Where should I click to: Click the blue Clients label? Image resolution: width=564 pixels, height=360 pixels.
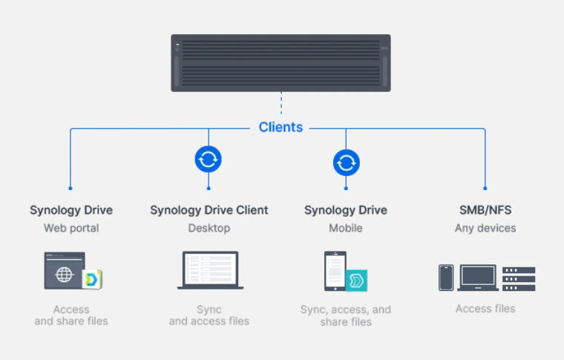pyautogui.click(x=281, y=128)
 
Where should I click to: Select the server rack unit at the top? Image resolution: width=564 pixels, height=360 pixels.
pyautogui.click(x=281, y=63)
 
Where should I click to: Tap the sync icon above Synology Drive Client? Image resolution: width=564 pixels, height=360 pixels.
pyautogui.click(x=209, y=159)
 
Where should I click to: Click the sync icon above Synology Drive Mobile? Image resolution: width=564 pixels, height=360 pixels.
pyautogui.click(x=346, y=162)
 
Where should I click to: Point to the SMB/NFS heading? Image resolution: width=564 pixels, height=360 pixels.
pyautogui.click(x=485, y=210)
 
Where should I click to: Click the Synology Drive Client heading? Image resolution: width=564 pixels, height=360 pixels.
pyautogui.click(x=209, y=210)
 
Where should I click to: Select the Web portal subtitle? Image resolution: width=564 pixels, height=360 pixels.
pyautogui.click(x=71, y=228)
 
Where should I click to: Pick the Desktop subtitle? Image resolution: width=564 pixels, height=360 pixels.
pyautogui.click(x=209, y=228)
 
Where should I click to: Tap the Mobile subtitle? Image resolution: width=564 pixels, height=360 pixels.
pyautogui.click(x=346, y=228)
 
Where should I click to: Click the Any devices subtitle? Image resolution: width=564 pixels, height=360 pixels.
pyautogui.click(x=485, y=228)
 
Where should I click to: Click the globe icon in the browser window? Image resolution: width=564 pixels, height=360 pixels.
pyautogui.click(x=65, y=274)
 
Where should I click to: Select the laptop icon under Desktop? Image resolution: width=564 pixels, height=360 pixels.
pyautogui.click(x=210, y=270)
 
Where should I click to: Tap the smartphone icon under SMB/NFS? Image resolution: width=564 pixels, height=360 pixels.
pyautogui.click(x=446, y=278)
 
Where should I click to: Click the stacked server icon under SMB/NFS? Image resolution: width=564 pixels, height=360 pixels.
pyautogui.click(x=519, y=278)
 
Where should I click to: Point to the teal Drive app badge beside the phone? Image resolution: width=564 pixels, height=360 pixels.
pyautogui.click(x=357, y=281)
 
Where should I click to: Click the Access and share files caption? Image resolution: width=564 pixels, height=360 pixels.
pyautogui.click(x=71, y=315)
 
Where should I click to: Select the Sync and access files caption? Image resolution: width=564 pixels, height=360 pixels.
pyautogui.click(x=209, y=315)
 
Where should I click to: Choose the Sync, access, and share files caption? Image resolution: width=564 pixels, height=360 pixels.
pyautogui.click(x=346, y=315)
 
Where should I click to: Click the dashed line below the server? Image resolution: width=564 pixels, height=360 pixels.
pyautogui.click(x=281, y=103)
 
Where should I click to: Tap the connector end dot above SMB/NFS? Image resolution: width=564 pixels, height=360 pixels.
pyautogui.click(x=485, y=189)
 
